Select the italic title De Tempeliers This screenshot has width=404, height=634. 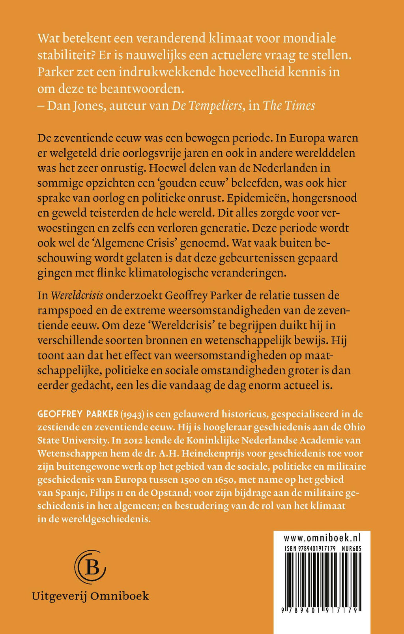coord(207,106)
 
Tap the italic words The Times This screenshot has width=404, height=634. coord(289,106)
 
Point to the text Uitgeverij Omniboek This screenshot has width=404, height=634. coord(91,596)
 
